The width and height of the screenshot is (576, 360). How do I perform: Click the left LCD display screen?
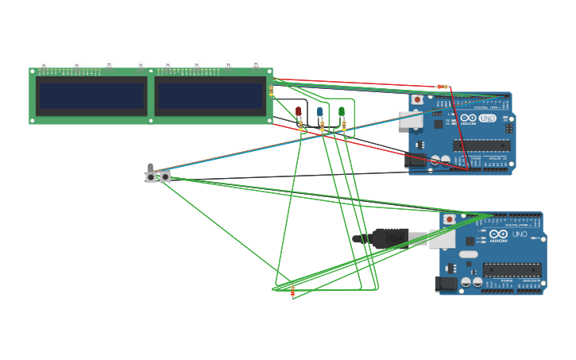(91, 96)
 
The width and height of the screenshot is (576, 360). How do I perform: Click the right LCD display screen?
(210, 96)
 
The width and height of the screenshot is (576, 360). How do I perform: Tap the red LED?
(299, 112)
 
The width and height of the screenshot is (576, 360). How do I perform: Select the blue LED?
(320, 112)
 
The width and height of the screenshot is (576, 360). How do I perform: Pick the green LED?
(342, 112)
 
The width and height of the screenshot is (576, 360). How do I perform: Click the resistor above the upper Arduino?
(443, 87)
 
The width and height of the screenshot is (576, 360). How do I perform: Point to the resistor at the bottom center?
(292, 292)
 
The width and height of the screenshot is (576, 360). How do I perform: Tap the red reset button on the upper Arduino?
(418, 100)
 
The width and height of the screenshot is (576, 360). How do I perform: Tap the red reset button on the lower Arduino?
(449, 219)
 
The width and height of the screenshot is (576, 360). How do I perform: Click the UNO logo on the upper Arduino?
(487, 118)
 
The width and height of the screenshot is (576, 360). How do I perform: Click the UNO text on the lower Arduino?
(519, 234)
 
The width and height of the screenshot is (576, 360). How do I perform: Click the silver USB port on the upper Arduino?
(410, 119)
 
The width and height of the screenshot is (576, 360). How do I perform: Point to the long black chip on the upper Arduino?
(481, 145)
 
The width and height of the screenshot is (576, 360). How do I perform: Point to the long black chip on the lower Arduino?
(512, 269)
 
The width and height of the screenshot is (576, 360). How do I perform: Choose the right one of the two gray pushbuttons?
(165, 177)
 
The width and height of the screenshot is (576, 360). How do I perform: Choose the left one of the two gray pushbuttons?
(151, 177)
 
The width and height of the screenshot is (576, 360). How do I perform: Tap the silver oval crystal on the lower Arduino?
(469, 254)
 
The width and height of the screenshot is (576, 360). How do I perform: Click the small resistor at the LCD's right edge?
(271, 91)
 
